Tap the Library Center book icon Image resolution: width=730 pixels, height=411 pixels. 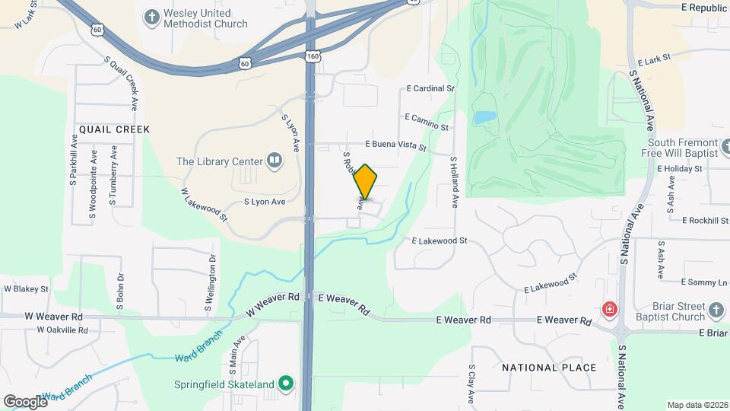coord(274,161)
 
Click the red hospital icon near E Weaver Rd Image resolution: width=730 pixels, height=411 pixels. coord(608,309)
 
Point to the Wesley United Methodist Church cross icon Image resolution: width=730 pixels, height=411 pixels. coord(151,16)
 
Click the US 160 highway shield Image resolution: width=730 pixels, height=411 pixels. coord(313,57)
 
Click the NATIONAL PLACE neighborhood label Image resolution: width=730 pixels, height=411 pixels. coord(549,368)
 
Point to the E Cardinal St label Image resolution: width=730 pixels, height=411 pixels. coord(430,89)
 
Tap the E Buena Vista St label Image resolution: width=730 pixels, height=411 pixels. coord(395,145)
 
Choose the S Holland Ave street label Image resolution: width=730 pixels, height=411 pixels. coord(454,183)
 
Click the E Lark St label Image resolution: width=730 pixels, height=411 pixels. coord(655,58)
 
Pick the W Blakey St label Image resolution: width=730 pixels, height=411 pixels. coord(26,289)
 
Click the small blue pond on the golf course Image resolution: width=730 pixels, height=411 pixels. coord(484,118)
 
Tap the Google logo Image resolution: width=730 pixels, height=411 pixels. coord(25,401)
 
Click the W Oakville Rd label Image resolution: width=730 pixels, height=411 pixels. coord(62,330)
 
